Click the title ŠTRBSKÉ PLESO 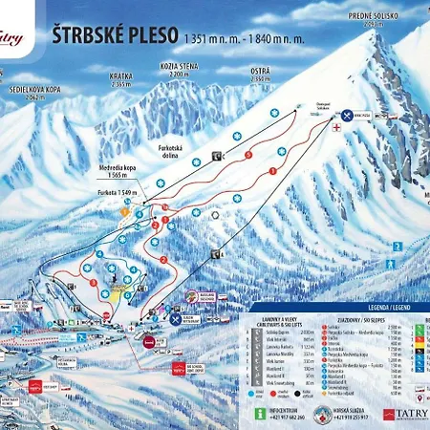pyautogui.click(x=116, y=34)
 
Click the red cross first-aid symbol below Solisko pyautogui.click(x=336, y=124)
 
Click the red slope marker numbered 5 pyautogui.click(x=249, y=154)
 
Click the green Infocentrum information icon pyautogui.click(x=260, y=413)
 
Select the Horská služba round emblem pyautogui.click(x=323, y=413)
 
